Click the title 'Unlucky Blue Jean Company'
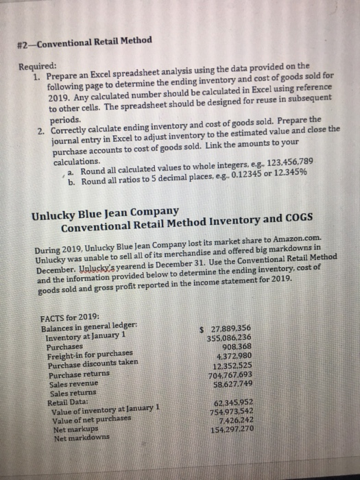[106, 211]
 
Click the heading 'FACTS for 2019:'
[71, 317]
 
